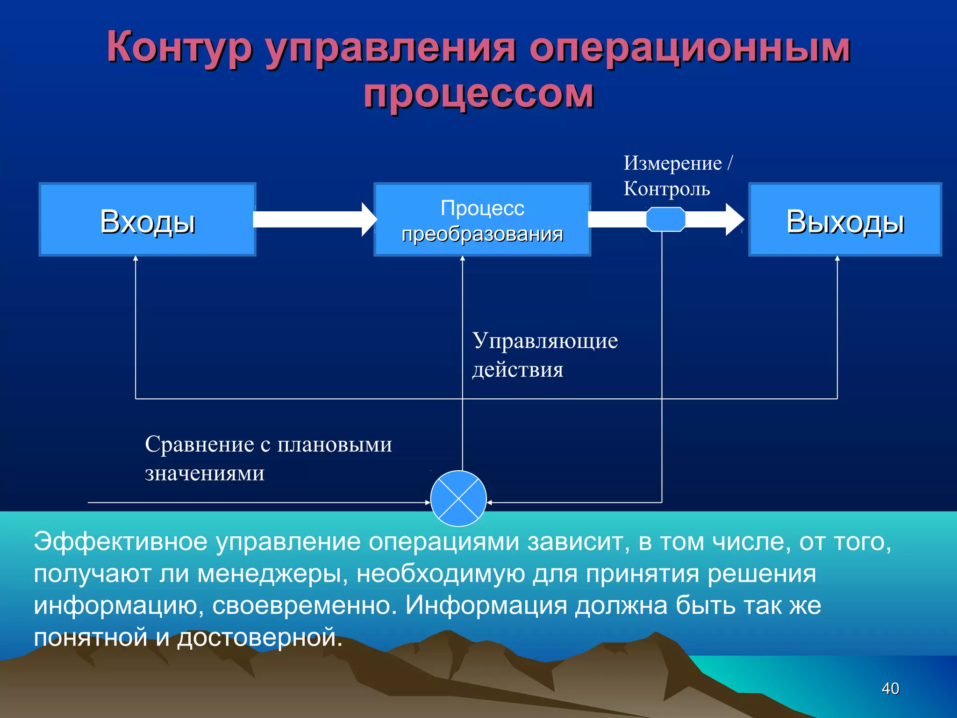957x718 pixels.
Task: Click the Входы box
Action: [x=147, y=219]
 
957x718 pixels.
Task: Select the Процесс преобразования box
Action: [x=482, y=219]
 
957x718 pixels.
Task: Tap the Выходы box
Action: [x=845, y=219]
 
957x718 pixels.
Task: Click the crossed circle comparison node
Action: [x=458, y=499]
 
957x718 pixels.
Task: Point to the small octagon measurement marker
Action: [x=665, y=219]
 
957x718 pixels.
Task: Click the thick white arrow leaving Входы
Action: [x=308, y=219]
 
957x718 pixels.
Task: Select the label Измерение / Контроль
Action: [x=678, y=176]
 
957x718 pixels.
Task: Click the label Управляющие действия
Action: [x=544, y=354]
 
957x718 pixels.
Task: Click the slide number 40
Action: [x=890, y=688]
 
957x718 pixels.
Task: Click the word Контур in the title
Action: [x=179, y=48]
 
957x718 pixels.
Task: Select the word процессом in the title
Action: [x=478, y=94]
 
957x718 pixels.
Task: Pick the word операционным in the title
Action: [x=690, y=48]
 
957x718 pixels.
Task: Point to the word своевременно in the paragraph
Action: [x=304, y=606]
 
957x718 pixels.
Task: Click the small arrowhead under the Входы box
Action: [x=136, y=258]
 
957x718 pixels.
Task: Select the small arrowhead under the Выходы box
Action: [x=837, y=258]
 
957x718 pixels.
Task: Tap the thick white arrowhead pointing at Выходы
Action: [x=735, y=219]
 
